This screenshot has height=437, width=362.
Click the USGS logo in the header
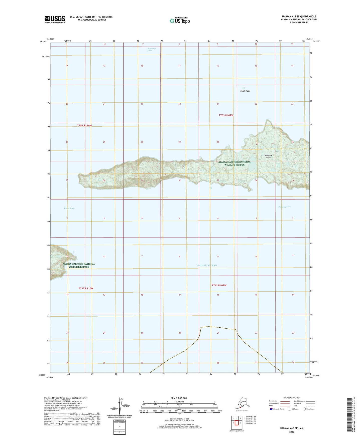[x=55, y=19]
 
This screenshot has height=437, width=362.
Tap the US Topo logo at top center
[x=179, y=20]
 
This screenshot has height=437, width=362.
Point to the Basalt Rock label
[x=245, y=91]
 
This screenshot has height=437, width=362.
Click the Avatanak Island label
[x=268, y=156]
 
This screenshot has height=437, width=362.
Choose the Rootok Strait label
[x=69, y=208]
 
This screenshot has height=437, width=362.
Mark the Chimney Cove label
[x=284, y=207]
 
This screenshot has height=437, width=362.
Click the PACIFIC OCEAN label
[x=207, y=265]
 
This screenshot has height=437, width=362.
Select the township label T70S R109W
[x=226, y=115]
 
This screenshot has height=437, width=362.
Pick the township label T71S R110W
[x=86, y=289]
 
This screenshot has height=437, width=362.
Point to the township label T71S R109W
[x=219, y=285]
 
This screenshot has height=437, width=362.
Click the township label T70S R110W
[x=84, y=125]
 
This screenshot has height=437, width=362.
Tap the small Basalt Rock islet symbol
[x=244, y=88]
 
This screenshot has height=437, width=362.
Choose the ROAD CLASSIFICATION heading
[x=292, y=398]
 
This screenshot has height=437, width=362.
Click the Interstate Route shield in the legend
[x=271, y=409]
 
